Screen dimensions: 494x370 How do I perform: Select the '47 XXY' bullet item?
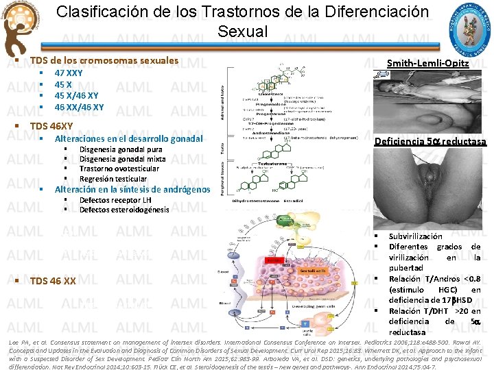click(69, 73)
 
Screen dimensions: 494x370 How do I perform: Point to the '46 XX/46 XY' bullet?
click(80, 107)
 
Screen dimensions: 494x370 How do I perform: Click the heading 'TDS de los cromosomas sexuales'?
click(104, 60)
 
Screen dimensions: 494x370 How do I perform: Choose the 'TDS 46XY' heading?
click(52, 126)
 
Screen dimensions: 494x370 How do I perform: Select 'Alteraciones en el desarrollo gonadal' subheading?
click(129, 138)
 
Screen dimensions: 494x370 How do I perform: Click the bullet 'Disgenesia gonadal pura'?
click(121, 149)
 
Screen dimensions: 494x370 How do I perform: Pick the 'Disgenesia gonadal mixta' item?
click(123, 159)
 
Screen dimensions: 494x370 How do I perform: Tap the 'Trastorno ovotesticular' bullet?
click(119, 169)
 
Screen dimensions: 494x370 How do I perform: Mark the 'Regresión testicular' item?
click(113, 179)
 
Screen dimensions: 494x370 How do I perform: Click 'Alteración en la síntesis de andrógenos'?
click(132, 189)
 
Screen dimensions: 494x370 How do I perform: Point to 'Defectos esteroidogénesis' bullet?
click(123, 210)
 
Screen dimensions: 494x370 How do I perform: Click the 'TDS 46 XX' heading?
click(54, 280)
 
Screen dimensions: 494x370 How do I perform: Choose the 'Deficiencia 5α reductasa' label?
click(430, 141)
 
